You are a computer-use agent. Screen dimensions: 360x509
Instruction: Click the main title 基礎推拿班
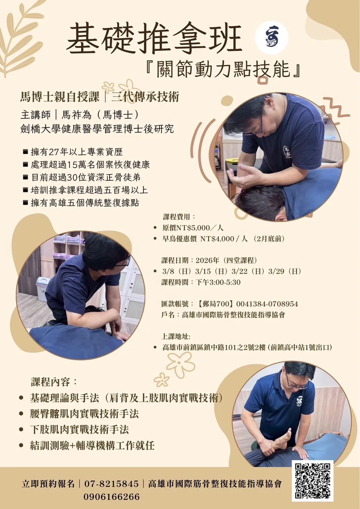154,39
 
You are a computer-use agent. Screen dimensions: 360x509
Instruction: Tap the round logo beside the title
271,37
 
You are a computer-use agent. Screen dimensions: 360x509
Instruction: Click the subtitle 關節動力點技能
223,69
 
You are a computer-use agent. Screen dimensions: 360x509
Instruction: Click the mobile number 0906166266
111,497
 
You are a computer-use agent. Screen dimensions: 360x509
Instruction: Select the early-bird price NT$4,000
217,239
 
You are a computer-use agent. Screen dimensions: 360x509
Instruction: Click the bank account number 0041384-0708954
267,304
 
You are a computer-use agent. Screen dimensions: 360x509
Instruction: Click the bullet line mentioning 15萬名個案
87,165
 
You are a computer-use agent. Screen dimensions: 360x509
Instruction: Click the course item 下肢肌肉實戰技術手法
79,429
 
